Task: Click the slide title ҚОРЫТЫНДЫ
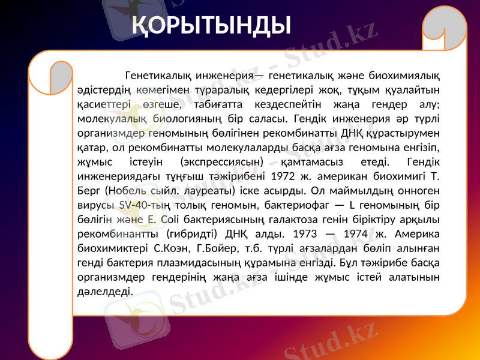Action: (212, 25)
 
